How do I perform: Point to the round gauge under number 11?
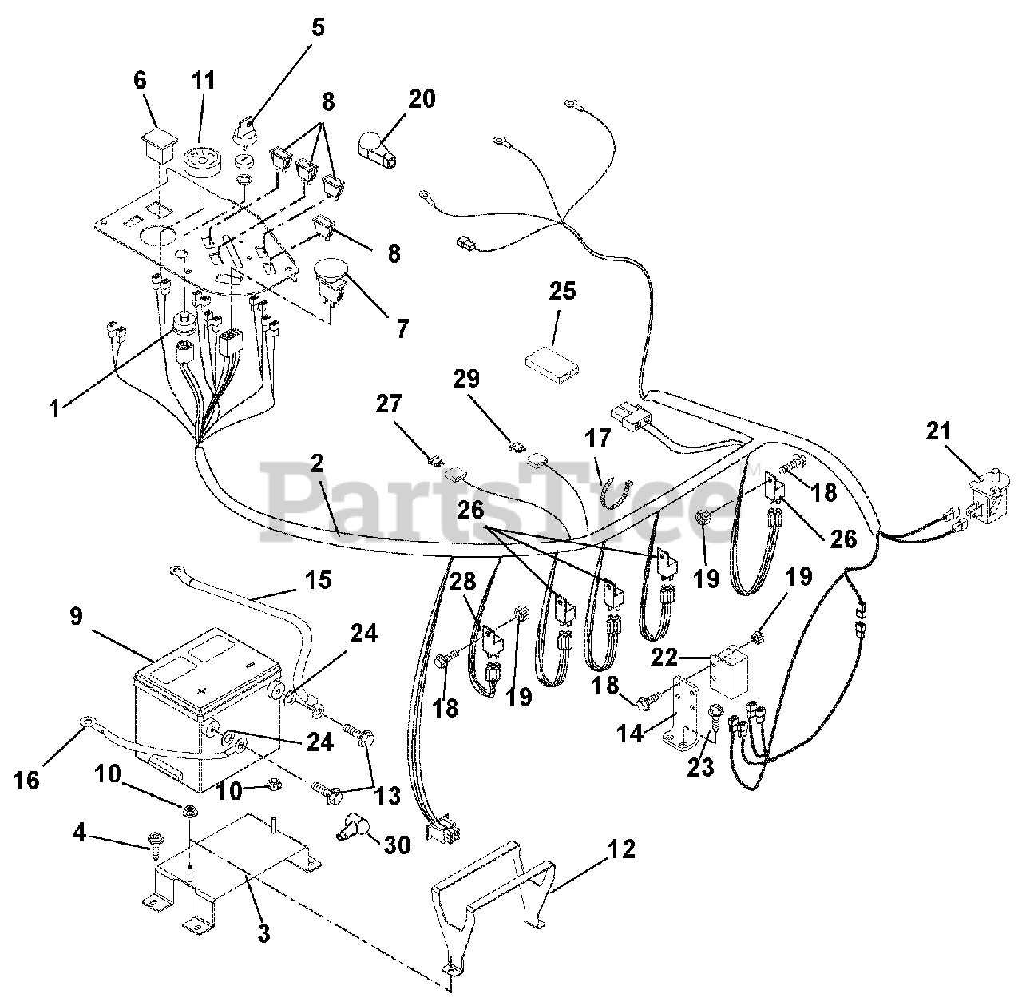202,159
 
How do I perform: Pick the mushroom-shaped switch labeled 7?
331,281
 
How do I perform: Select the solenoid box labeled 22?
729,670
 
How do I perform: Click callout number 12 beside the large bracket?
621,849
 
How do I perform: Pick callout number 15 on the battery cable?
318,579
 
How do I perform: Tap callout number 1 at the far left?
55,408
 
